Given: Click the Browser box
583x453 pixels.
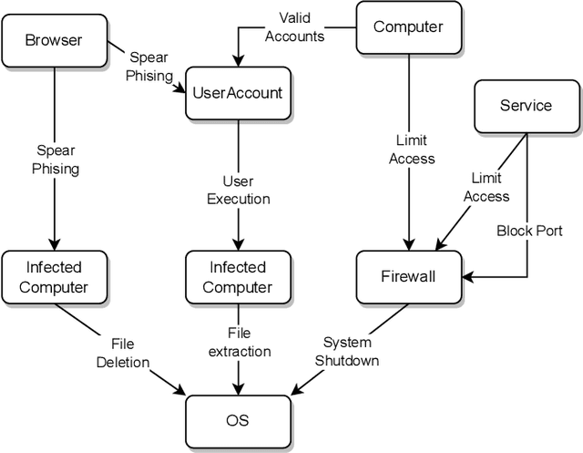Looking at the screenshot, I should point(53,40).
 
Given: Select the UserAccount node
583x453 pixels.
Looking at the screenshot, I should point(238,92).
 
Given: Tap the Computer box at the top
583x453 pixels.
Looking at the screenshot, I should point(409,26).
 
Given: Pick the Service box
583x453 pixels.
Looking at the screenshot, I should point(526,106).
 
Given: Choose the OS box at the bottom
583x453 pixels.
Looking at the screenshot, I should point(237,420).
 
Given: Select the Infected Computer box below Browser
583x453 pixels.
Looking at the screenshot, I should point(53,277).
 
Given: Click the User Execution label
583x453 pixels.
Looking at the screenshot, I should point(238,190).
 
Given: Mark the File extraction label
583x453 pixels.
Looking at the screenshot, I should point(239,343).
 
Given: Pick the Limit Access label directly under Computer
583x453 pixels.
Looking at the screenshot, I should point(411,149).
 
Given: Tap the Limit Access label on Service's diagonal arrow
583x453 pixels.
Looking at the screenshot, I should point(487,188).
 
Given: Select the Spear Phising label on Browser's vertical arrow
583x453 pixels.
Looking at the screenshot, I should point(56,160).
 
